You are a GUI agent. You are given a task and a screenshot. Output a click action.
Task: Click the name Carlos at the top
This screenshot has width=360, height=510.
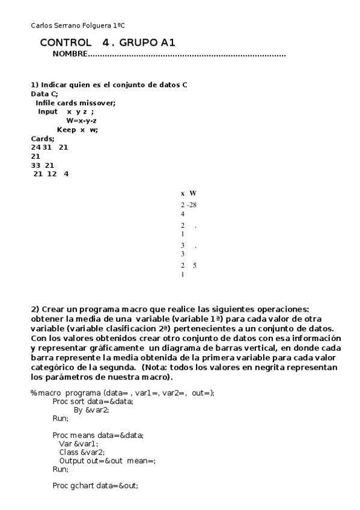40,25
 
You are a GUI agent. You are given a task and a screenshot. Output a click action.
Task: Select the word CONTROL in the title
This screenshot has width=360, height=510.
66,43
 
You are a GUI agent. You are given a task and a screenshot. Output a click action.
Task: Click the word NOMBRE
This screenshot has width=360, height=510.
70,55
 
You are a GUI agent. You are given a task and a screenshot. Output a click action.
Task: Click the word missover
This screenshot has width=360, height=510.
99,103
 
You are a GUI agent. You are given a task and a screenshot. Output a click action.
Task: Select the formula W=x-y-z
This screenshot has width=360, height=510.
82,120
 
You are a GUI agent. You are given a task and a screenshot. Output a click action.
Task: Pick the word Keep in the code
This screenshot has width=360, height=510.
66,129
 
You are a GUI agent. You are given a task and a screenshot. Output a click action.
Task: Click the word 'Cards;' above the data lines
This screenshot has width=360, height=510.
42,138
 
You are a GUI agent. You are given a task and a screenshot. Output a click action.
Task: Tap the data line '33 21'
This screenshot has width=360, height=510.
42,165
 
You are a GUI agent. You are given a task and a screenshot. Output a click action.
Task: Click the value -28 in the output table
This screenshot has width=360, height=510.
192,205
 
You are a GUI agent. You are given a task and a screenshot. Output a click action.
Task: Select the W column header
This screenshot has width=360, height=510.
192,194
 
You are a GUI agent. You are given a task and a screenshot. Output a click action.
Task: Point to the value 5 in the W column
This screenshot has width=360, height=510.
195,265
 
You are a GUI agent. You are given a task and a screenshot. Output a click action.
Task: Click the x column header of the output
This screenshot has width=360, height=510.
183,194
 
